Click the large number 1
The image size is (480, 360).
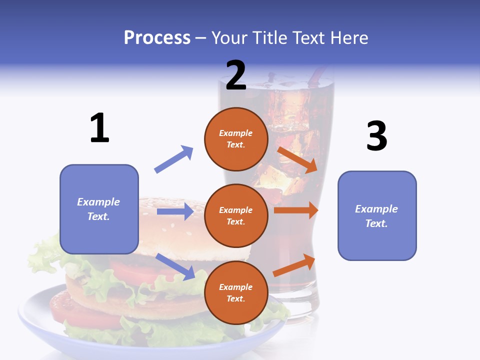pos(99,128)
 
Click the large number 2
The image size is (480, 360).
pos(235,75)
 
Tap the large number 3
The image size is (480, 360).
pos(376,136)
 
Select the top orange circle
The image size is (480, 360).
pos(235,139)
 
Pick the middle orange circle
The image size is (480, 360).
pos(235,215)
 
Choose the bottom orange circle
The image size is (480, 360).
pos(235,292)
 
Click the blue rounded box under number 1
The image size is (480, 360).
pos(99,209)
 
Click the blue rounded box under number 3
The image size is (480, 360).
pos(377,215)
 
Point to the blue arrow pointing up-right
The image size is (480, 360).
pos(173,159)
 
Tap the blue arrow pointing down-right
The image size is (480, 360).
pos(175,266)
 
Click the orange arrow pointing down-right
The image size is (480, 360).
pos(297,159)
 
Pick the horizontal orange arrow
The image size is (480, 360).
pos(296,210)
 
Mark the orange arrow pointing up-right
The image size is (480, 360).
pos(294,265)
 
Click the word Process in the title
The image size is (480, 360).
pos(157,37)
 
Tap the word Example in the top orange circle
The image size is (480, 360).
pos(235,133)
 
